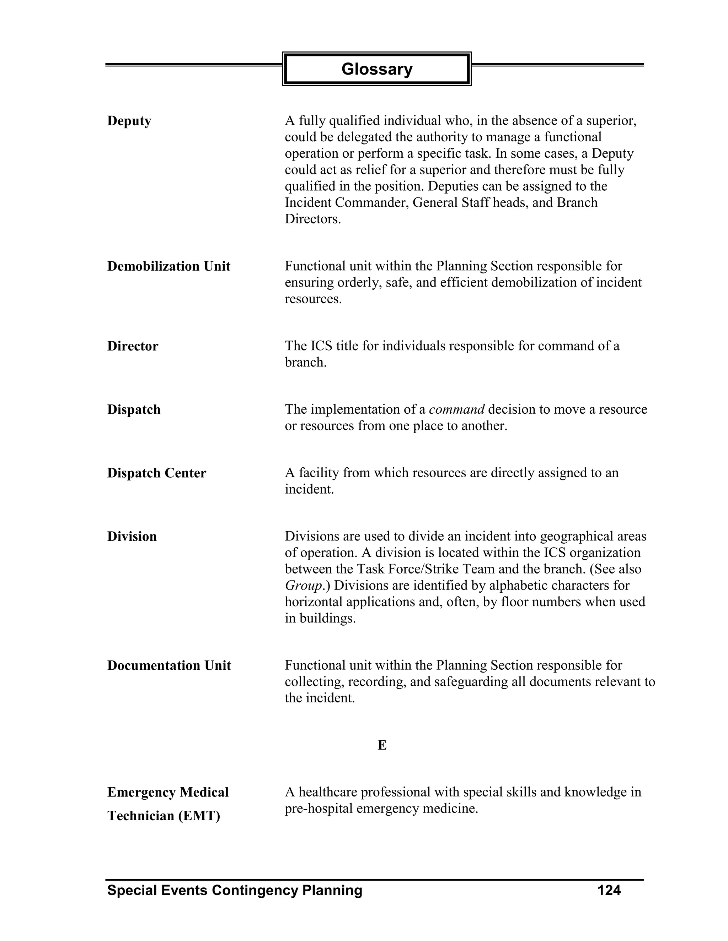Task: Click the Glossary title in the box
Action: point(376,69)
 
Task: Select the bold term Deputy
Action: point(129,121)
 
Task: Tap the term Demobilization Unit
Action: point(168,266)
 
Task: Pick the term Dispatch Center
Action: point(156,473)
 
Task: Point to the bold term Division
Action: point(132,537)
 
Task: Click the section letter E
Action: point(382,745)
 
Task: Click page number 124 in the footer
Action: point(609,890)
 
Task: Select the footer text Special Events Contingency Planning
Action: point(235,890)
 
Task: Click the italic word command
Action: point(457,409)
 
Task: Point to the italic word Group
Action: point(304,586)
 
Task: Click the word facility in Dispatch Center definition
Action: point(319,473)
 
